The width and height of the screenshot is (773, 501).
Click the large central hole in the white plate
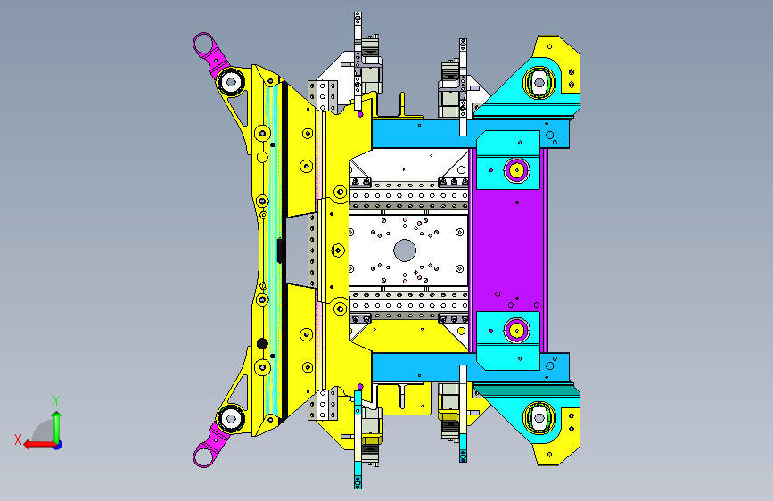click(x=405, y=250)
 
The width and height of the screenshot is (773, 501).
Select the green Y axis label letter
click(x=56, y=401)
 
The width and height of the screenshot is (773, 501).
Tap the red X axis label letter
click(x=18, y=439)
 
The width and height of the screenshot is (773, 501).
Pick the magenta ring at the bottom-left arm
click(x=202, y=456)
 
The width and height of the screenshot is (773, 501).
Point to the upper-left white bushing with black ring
click(x=230, y=81)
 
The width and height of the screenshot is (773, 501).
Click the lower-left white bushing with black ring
click(x=230, y=419)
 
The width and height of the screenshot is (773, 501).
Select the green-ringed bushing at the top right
click(x=539, y=83)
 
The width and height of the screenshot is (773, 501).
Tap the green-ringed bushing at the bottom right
click(x=539, y=418)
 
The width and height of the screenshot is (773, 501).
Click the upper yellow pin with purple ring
click(x=516, y=170)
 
